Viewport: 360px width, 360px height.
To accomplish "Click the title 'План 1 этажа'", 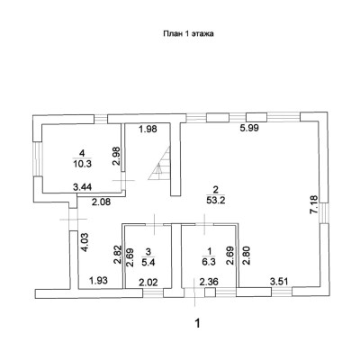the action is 188,33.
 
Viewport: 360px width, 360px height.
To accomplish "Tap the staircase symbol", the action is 159,164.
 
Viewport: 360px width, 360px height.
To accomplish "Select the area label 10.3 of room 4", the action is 82,164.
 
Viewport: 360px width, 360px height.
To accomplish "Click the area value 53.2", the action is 216,201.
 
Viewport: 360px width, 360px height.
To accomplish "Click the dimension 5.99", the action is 249,128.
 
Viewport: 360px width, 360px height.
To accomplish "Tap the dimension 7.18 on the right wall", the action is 313,204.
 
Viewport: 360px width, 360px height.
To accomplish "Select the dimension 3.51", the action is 280,282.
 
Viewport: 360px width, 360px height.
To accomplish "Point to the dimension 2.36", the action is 209,282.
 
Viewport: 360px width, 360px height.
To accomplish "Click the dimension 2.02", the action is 149,282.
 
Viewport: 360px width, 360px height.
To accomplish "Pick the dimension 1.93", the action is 99,281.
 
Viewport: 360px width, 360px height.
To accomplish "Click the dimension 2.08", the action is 101,202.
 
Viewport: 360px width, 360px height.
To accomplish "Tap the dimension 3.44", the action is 83,188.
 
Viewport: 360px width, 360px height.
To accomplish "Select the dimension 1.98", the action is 148,130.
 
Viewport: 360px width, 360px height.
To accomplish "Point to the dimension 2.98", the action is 116,156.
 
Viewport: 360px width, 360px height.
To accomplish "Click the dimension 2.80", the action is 246,256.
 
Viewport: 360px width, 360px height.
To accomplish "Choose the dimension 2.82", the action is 117,255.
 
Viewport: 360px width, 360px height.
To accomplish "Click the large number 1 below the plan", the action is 197,323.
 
